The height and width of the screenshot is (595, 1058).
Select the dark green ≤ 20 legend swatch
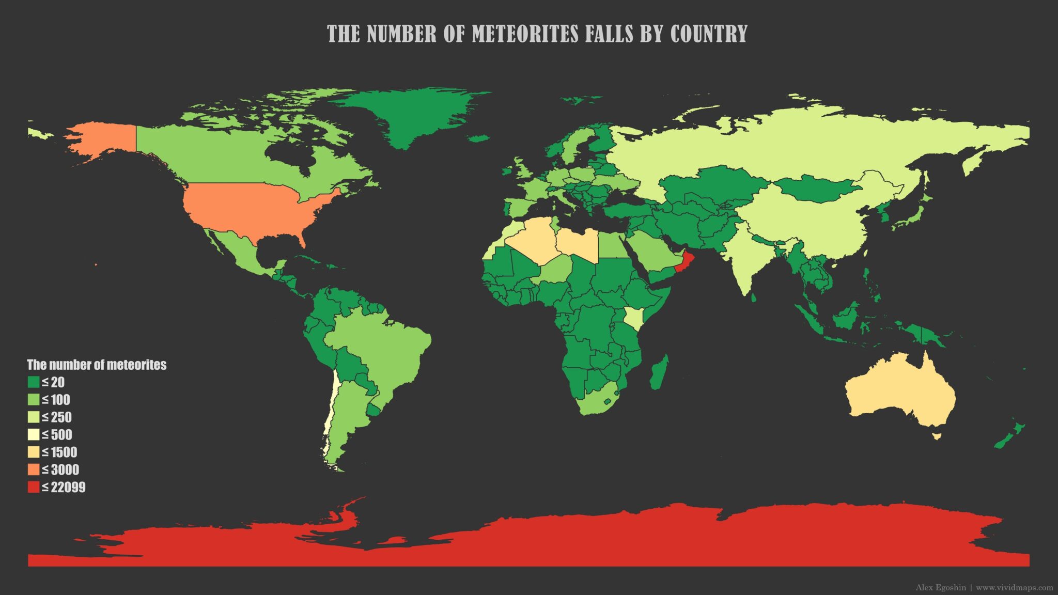point(34,382)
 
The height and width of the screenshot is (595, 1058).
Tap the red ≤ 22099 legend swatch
point(34,487)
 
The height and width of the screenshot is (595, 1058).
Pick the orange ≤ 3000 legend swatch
point(34,469)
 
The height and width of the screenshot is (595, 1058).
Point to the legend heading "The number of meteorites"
point(97,365)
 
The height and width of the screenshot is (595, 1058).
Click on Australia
point(899,393)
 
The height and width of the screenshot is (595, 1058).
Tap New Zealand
point(1010,436)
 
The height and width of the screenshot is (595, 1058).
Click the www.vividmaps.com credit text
point(1014,587)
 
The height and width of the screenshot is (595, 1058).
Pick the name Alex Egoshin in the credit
point(941,587)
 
